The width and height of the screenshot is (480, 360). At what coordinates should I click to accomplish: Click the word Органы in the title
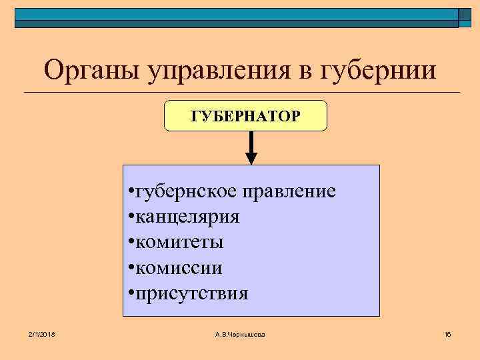86,70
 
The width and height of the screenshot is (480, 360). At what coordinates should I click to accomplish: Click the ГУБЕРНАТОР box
245,116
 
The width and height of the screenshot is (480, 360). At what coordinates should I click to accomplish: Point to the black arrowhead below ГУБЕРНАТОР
251,158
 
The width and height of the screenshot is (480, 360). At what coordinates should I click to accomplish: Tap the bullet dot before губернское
130,193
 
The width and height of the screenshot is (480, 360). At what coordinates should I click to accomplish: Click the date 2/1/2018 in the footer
41,333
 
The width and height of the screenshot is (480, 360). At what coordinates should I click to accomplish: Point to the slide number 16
447,333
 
